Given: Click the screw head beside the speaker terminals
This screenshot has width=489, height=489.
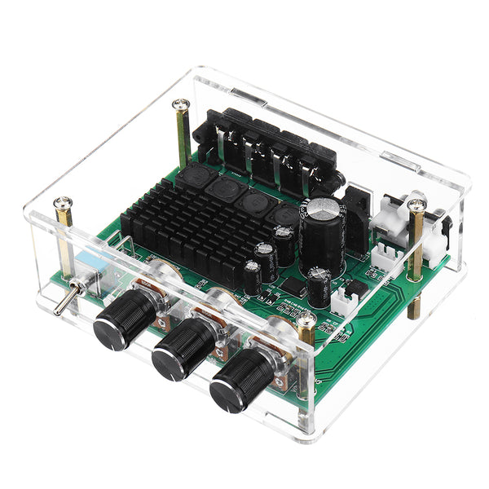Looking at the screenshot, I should pyautogui.click(x=181, y=104).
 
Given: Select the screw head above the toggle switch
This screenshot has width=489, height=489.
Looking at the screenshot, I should pyautogui.click(x=62, y=203).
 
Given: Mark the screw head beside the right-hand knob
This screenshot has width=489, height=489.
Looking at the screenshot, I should pyautogui.click(x=306, y=319).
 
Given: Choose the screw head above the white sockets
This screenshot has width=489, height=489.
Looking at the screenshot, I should pyautogui.click(x=416, y=198).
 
